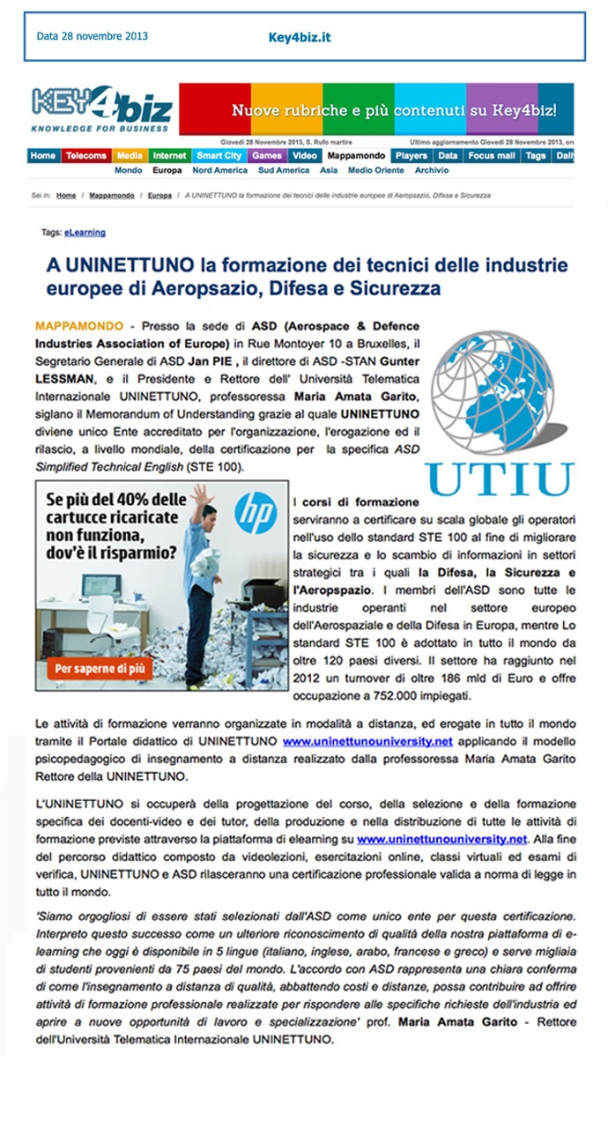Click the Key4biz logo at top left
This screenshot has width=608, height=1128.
101,111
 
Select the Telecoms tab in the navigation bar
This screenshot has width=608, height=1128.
85,156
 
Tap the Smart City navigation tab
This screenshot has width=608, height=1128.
219,156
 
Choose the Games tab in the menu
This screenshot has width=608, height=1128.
266,156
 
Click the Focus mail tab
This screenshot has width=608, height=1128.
492,156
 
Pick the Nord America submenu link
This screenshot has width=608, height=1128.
219,170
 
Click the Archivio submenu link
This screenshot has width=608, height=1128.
432,170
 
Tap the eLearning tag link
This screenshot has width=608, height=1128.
85,233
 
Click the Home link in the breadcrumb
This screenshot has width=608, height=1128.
66,195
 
